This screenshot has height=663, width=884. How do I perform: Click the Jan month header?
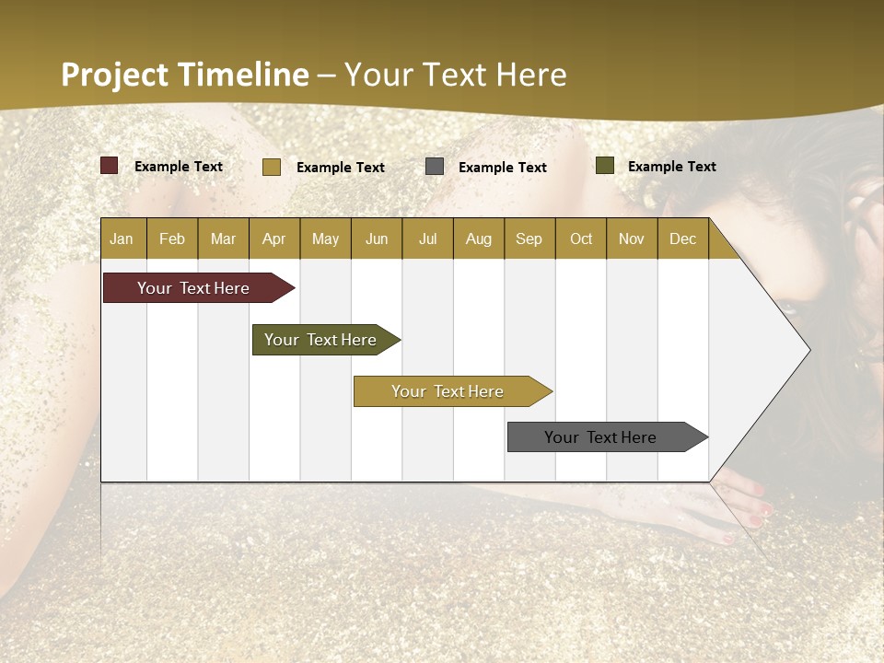click(x=122, y=238)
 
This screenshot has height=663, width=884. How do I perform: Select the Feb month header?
click(x=172, y=238)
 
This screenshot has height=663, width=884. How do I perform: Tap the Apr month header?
click(x=273, y=238)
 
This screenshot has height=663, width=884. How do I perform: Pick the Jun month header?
click(x=377, y=238)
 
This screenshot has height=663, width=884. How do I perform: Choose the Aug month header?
click(x=478, y=238)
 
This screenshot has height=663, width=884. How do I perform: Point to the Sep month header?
click(x=529, y=238)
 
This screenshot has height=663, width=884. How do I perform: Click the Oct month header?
click(x=581, y=238)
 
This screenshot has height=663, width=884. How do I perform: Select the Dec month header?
click(x=682, y=238)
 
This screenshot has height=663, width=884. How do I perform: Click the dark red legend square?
click(x=110, y=166)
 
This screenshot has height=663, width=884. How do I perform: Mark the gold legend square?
click(x=272, y=167)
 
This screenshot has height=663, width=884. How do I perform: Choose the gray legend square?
click(x=435, y=167)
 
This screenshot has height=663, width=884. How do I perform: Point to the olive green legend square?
click(x=605, y=166)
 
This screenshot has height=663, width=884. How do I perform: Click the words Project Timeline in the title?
click(x=185, y=75)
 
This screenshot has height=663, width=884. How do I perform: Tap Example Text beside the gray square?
click(x=503, y=167)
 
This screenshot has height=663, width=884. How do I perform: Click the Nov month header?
click(x=632, y=238)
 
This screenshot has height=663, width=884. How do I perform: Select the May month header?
click(x=325, y=238)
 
